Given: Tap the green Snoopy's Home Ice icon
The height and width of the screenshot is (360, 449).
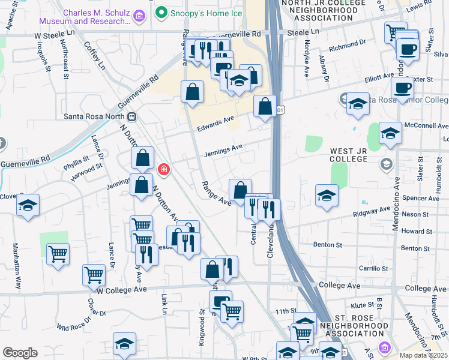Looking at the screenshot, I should (161, 11).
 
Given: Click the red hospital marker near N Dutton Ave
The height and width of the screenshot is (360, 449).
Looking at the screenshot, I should (163, 170).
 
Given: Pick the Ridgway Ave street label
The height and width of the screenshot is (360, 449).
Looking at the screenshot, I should (370, 212).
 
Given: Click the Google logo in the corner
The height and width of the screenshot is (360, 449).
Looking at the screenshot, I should (20, 353).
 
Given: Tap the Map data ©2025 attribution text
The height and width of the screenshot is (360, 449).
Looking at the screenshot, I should (423, 355).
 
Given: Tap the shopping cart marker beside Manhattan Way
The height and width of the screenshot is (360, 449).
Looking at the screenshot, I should (58, 253).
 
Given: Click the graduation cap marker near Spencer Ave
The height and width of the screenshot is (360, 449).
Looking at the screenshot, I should (327, 196).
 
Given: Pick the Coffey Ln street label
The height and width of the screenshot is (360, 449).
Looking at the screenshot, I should (94, 55).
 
